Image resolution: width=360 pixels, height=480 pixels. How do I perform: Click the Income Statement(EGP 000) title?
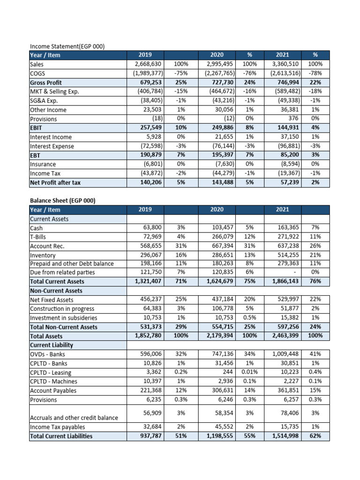pos(67,46)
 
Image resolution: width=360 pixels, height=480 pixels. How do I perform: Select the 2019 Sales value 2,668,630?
pos(148,64)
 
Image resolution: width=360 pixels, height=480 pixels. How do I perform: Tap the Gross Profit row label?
pos(46,82)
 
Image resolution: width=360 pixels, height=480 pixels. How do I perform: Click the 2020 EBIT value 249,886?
pos(218,128)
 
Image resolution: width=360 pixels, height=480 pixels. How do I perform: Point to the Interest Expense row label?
pos(52,146)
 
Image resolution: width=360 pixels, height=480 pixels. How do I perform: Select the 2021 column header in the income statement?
pos(283,55)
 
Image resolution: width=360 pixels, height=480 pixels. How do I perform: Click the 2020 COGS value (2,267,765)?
pos(218,73)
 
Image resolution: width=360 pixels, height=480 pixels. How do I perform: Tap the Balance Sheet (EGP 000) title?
pos(62,201)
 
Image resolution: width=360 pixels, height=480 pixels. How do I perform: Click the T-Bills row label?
pos(38,237)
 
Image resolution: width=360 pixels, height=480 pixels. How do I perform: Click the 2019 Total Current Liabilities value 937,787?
pos(150,436)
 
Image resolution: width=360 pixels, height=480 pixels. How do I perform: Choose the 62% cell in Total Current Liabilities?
pos(315,436)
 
